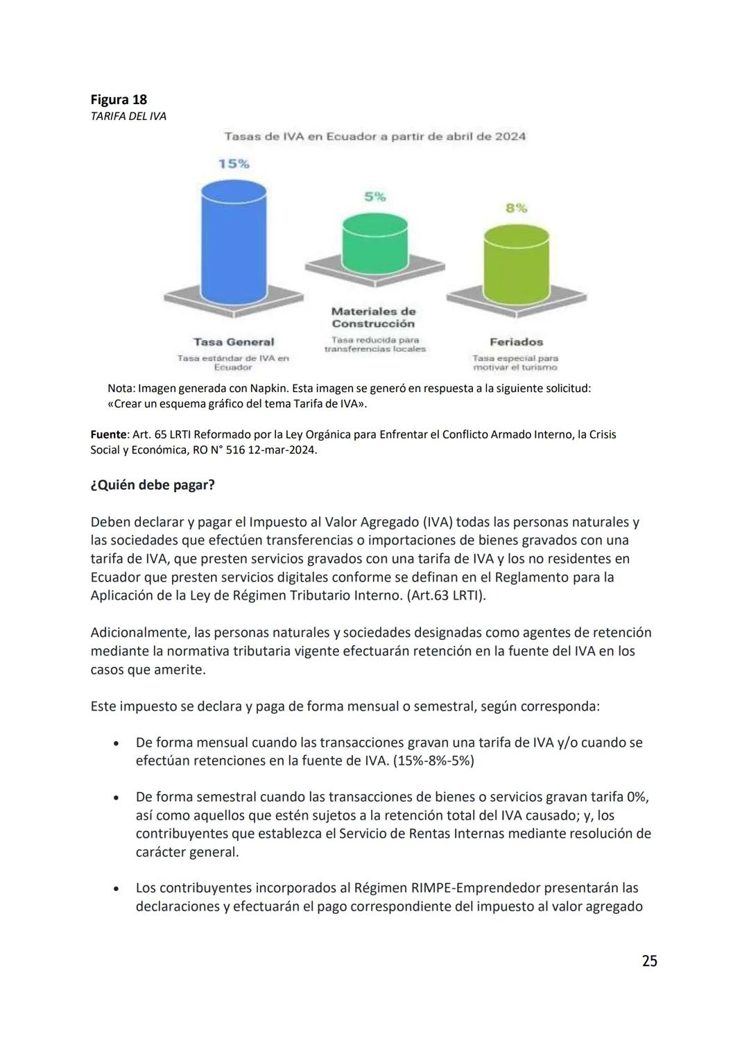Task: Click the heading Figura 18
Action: click(119, 99)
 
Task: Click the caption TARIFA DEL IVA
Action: click(128, 116)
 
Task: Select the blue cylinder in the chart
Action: click(233, 239)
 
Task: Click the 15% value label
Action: click(234, 164)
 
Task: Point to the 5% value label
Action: click(375, 197)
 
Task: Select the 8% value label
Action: click(516, 207)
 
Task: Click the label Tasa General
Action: click(234, 341)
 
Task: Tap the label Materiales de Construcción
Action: click(374, 317)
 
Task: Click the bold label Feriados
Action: click(516, 341)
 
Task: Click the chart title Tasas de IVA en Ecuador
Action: click(374, 136)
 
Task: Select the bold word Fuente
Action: click(108, 434)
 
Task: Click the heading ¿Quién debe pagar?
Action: click(153, 485)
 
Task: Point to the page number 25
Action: click(649, 961)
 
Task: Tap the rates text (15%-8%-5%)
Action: click(433, 761)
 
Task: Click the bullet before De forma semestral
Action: click(116, 798)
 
